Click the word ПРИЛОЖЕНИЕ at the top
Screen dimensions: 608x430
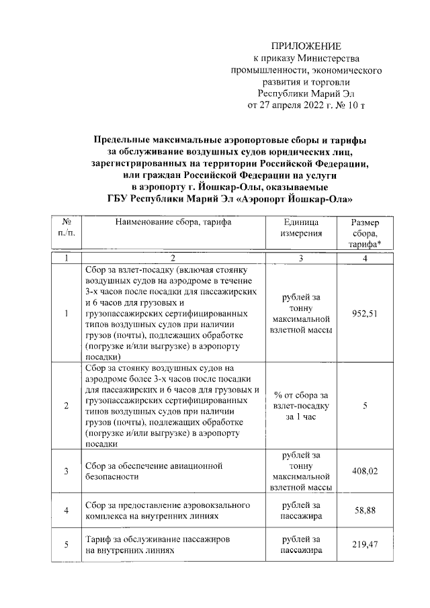coord(306,46)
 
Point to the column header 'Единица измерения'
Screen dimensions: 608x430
coord(300,228)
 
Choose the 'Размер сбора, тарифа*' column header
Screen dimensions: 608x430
coord(365,234)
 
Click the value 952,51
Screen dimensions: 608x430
coord(365,314)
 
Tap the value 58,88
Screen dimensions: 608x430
coord(365,511)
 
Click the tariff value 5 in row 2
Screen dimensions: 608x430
coord(365,406)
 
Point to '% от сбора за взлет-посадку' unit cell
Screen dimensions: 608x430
coord(300,406)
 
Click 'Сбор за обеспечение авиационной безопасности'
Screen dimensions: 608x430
coord(154,472)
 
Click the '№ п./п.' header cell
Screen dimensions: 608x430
coord(67,228)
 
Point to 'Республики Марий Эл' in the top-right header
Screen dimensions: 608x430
coord(306,93)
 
